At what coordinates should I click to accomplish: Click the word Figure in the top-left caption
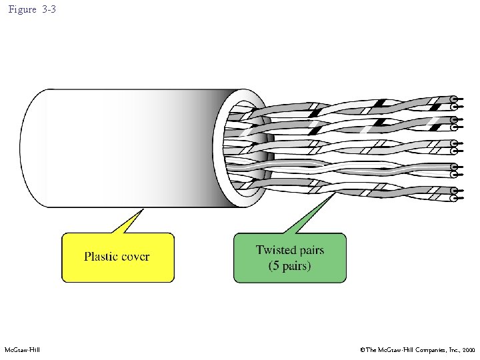click(22, 10)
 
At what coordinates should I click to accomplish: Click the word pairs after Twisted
click(310, 251)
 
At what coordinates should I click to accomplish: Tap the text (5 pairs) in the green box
click(290, 266)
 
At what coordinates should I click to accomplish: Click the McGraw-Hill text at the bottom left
click(22, 350)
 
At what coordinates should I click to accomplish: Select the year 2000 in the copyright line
click(467, 350)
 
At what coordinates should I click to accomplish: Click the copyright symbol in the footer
click(361, 350)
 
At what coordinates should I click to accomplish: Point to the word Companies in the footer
click(421, 350)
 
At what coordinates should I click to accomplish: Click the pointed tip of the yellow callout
click(142, 211)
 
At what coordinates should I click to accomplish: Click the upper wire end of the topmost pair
click(454, 99)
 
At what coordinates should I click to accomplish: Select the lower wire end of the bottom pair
click(454, 198)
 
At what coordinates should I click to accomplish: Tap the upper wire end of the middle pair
click(454, 142)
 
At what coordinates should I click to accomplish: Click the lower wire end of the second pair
click(454, 127)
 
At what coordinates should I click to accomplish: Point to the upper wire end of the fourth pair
click(454, 167)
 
